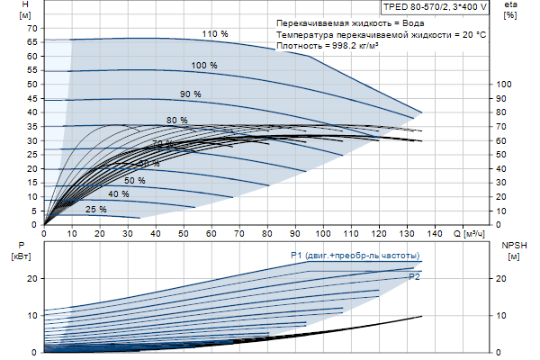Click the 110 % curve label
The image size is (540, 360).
click(x=215, y=34)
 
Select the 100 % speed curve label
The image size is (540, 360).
click(x=204, y=65)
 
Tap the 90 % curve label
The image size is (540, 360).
click(x=190, y=94)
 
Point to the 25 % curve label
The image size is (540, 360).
click(x=95, y=209)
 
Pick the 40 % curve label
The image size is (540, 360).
click(x=118, y=194)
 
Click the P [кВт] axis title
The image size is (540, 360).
click(x=23, y=250)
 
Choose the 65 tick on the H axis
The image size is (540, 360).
click(x=31, y=41)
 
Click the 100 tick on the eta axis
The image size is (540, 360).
click(x=504, y=84)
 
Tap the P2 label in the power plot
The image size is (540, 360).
click(x=414, y=277)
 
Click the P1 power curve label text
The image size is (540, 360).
click(x=355, y=256)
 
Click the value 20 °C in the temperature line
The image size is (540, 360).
click(x=472, y=33)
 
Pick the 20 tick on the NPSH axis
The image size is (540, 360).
click(x=502, y=278)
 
